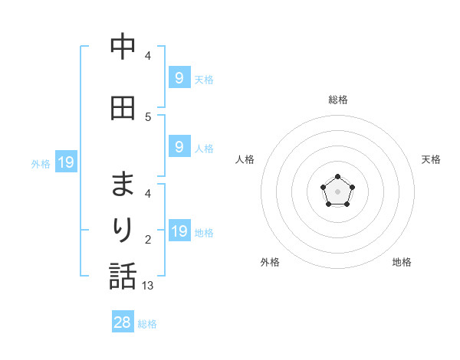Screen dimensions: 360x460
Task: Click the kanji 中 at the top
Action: (x=123, y=49)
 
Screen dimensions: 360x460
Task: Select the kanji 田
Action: (x=123, y=108)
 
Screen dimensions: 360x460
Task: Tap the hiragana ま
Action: (x=123, y=185)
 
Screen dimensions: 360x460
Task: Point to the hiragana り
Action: (x=123, y=231)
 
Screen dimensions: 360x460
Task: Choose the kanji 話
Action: (x=123, y=277)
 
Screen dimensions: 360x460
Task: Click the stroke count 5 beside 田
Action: (x=148, y=116)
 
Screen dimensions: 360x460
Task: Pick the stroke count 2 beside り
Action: (x=148, y=240)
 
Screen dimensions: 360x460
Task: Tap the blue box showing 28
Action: (x=123, y=322)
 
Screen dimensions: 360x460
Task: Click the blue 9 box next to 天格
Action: (x=179, y=77)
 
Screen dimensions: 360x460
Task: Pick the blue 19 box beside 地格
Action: (x=179, y=231)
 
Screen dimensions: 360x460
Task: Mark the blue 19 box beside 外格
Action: (x=65, y=162)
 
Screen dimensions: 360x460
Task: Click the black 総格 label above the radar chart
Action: (x=338, y=100)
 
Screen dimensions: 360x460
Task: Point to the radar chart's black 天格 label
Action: (x=431, y=159)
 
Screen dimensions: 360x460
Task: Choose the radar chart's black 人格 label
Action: (x=245, y=159)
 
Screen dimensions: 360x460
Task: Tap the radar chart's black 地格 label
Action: (x=402, y=262)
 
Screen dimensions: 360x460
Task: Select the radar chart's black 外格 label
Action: (x=270, y=262)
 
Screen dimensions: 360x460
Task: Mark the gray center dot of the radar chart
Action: (x=338, y=191)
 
